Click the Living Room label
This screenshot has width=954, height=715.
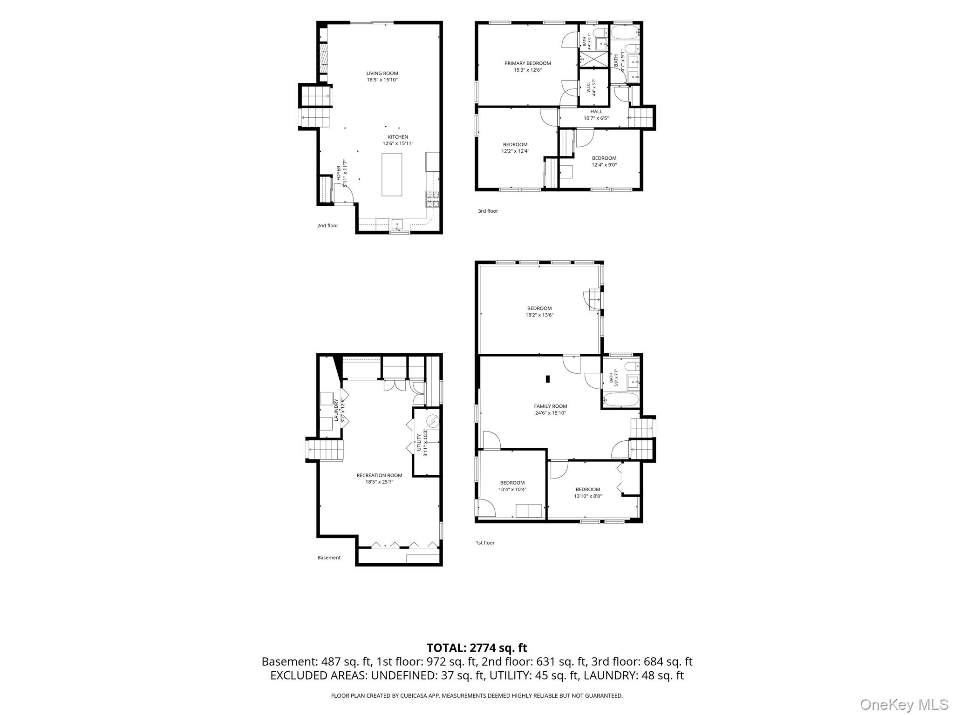pos(382,73)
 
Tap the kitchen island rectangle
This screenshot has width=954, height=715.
pos(392,175)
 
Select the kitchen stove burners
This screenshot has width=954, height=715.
pos(432,199)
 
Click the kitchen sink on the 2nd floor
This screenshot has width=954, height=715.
pos(397,224)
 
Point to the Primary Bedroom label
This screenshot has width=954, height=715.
pos(528,63)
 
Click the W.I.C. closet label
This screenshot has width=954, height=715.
pos(589,88)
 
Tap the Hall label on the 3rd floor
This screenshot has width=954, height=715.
pos(596,112)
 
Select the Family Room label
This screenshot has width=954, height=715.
pos(551,406)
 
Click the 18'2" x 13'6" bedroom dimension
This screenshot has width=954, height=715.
pos(539,315)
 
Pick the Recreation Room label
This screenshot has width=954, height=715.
pos(379,475)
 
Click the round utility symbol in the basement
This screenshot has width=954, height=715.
pos(433,421)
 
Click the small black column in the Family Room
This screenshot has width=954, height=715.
pos(548,379)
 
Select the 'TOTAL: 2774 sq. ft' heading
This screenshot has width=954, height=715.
pos(477,648)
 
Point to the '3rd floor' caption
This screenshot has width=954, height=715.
pos(488,211)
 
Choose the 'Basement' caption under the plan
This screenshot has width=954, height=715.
pos(329,558)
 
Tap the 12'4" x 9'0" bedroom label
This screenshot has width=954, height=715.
pos(604,162)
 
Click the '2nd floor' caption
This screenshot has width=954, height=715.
pos(327,226)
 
